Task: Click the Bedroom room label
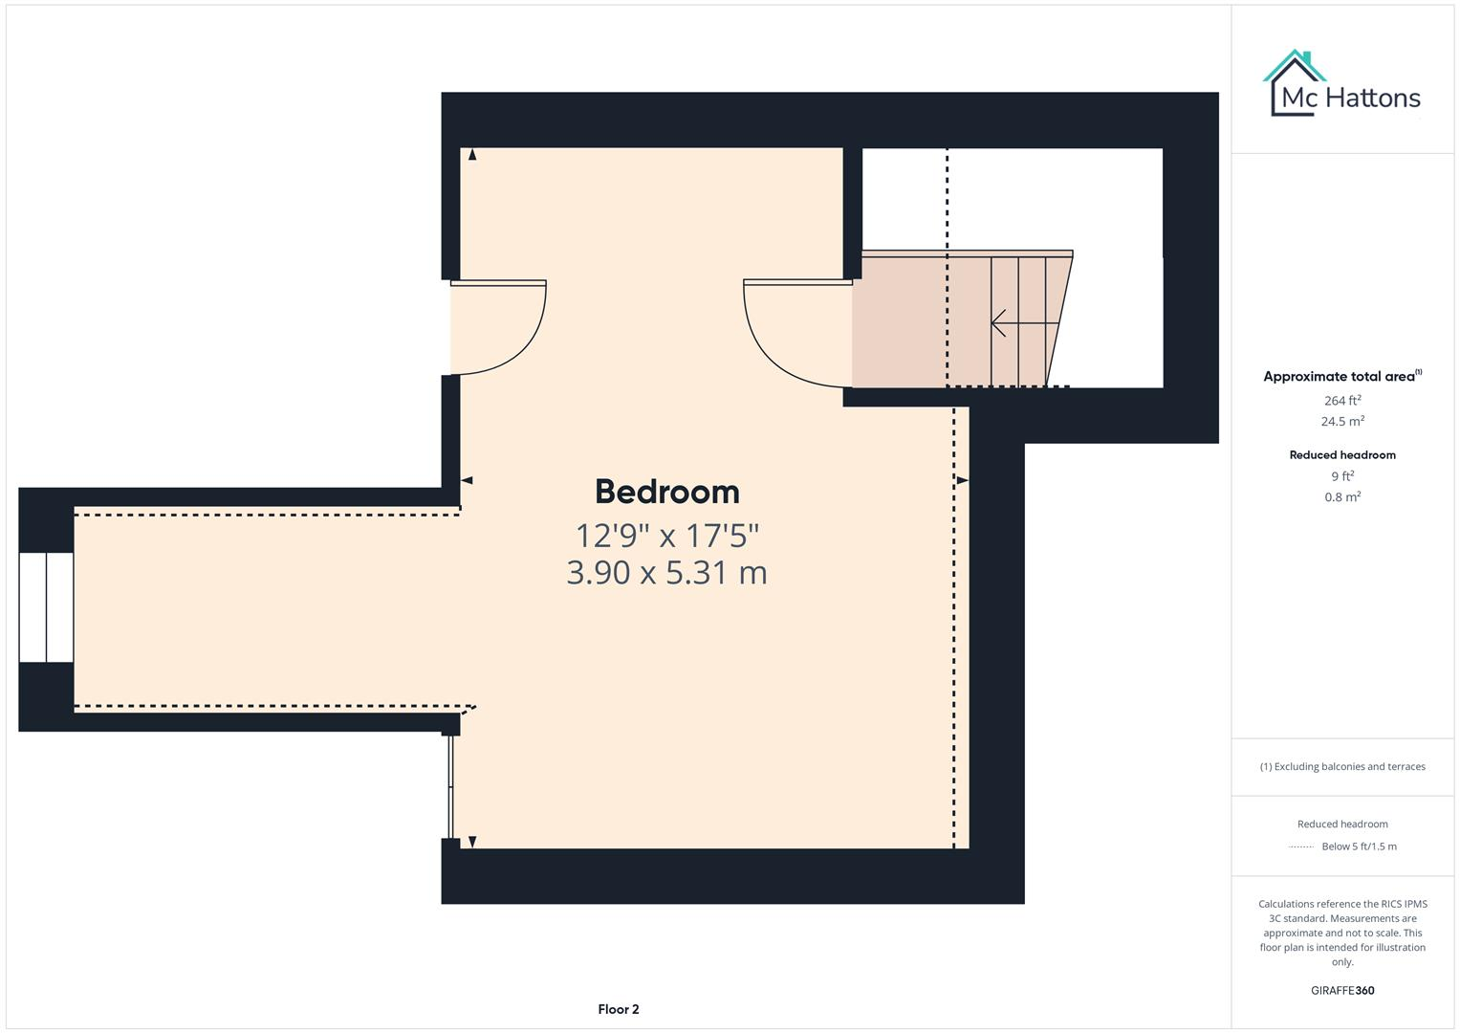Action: (x=666, y=492)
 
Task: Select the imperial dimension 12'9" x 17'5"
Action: (x=666, y=534)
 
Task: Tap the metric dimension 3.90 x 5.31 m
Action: (x=666, y=572)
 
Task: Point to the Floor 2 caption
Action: (x=618, y=1009)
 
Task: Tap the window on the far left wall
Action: (x=46, y=607)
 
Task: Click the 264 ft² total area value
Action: (x=1341, y=401)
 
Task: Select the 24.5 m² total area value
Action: (x=1341, y=421)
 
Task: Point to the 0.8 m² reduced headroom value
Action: (x=1341, y=496)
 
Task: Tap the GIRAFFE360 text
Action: (x=1341, y=990)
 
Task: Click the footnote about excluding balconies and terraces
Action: (x=1341, y=766)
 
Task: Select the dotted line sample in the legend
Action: (x=1301, y=846)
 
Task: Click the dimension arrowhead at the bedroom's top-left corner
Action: (x=472, y=154)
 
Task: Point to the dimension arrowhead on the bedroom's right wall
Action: (x=962, y=480)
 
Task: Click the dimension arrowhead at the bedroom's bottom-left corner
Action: (x=472, y=842)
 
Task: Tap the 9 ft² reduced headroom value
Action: (x=1341, y=476)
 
